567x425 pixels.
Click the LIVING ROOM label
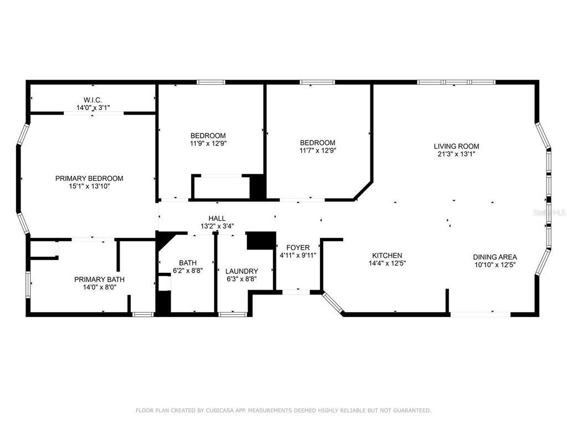(x=456, y=146)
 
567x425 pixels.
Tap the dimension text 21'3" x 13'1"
(x=456, y=154)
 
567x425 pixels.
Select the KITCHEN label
(x=386, y=255)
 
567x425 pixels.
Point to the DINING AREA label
(x=494, y=257)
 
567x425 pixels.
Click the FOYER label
(x=297, y=247)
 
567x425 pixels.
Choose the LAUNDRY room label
(x=241, y=271)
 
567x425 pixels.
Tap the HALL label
(x=217, y=219)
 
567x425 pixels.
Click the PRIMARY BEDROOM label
(x=89, y=178)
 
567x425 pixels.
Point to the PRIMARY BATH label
(x=99, y=279)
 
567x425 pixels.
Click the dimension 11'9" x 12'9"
(x=208, y=143)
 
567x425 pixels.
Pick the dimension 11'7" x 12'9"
(x=318, y=150)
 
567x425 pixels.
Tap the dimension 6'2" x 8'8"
(x=188, y=271)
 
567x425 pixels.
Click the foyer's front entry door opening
(x=296, y=291)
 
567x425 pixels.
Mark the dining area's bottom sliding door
(x=480, y=314)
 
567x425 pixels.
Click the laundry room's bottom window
(x=228, y=314)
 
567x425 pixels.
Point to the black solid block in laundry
(x=260, y=241)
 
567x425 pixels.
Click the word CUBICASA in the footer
(x=210, y=410)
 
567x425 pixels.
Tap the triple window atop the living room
(x=455, y=82)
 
